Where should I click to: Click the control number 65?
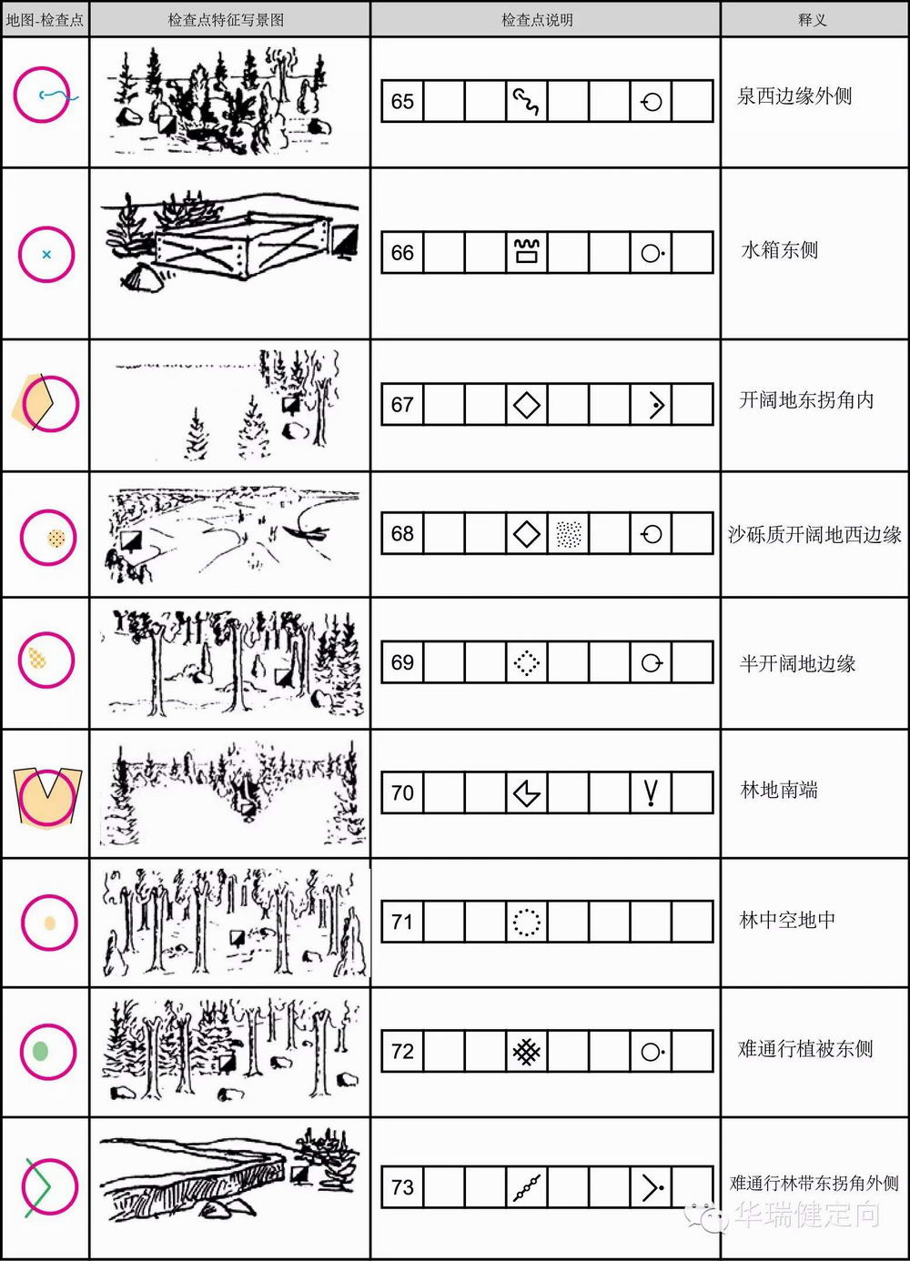click(402, 101)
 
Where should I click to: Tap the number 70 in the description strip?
click(402, 792)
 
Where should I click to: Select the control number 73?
click(402, 1186)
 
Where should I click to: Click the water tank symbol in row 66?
click(527, 251)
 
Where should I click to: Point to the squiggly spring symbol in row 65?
click(526, 101)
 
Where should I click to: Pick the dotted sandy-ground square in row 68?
click(568, 534)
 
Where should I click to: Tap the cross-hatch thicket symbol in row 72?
click(527, 1052)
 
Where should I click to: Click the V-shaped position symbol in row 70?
click(651, 792)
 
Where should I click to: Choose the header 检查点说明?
click(537, 20)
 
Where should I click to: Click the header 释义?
click(813, 20)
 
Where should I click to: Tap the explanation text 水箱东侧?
click(779, 249)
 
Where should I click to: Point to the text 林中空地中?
click(787, 920)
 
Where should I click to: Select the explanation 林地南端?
click(779, 790)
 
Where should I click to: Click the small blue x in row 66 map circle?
click(46, 255)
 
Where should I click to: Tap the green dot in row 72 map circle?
click(40, 1051)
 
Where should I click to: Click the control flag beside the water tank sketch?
click(344, 241)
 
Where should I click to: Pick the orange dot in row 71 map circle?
click(49, 923)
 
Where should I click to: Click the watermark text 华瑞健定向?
click(807, 1215)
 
